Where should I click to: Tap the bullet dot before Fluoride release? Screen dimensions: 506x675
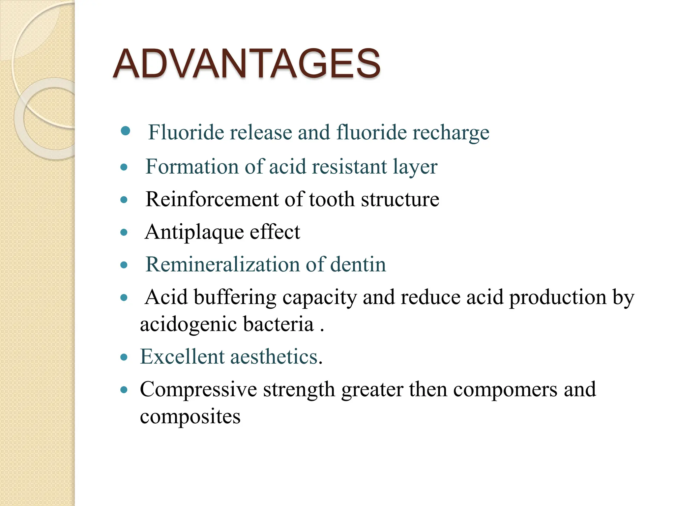(x=126, y=131)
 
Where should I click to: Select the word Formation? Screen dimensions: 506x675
(x=192, y=166)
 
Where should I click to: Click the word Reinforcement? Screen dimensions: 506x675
(x=212, y=199)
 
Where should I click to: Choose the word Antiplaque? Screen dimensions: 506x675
(x=194, y=232)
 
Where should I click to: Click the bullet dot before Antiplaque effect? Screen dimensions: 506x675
(x=124, y=233)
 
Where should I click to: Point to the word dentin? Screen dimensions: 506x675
(x=358, y=265)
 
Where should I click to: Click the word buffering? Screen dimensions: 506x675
(x=235, y=297)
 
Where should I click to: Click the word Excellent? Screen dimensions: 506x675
(x=182, y=356)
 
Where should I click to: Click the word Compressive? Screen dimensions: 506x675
(x=198, y=389)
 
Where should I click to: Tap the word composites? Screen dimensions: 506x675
(x=190, y=417)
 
